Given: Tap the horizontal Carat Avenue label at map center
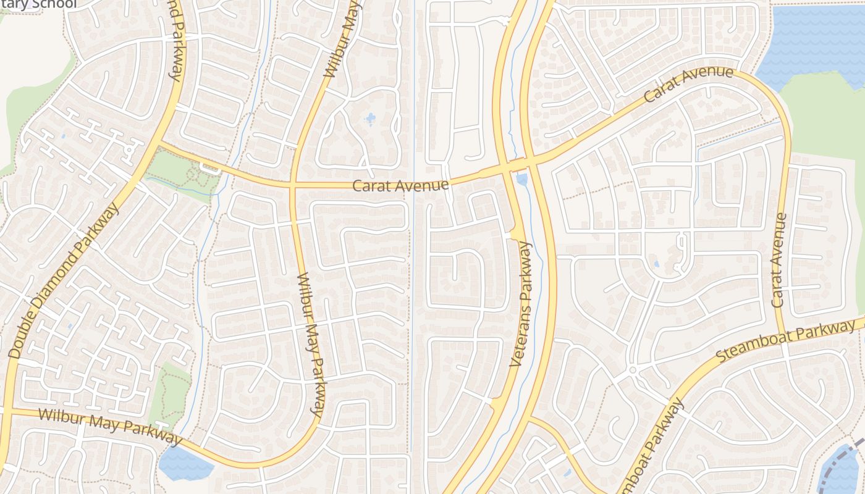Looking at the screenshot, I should click(x=400, y=185).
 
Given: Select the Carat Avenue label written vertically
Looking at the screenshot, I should click(x=779, y=260).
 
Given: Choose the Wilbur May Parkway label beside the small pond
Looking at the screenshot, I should click(x=108, y=425).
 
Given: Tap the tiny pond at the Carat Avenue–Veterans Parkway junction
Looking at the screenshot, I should click(x=522, y=180).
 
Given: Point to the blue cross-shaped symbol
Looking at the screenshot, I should click(x=370, y=119).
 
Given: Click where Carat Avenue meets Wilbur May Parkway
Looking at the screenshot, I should click(x=292, y=184).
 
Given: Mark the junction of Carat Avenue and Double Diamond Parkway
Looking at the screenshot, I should click(x=158, y=144).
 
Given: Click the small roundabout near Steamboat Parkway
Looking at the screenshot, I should click(x=633, y=371).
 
